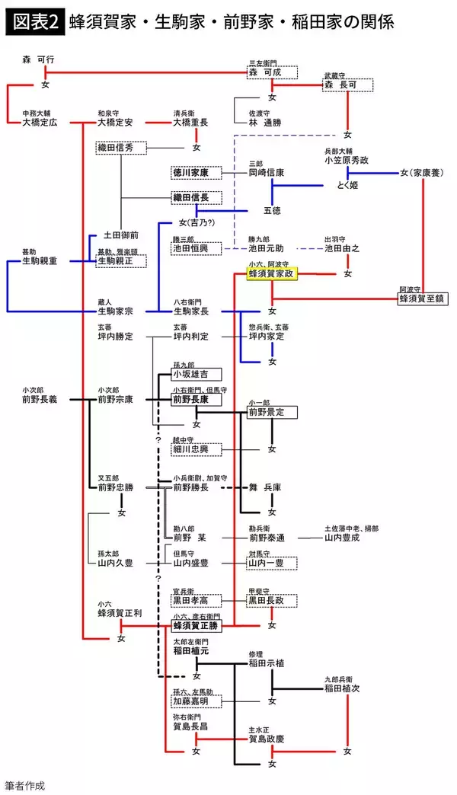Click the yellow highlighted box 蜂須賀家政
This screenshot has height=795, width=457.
tap(272, 274)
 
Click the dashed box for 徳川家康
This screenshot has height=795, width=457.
tap(196, 173)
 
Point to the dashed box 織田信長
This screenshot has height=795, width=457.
tap(196, 198)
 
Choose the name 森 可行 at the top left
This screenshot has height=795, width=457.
tap(38, 59)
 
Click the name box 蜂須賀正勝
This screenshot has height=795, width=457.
tap(197, 625)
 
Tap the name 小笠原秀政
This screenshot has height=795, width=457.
tap(348, 161)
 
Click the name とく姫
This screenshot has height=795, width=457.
tap(347, 185)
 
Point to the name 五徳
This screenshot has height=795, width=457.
tap(272, 210)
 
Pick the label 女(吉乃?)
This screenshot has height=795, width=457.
tap(197, 223)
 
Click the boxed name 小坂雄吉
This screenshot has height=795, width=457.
tap(196, 374)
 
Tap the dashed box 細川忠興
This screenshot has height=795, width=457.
tap(196, 450)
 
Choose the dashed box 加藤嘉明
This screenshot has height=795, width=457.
tap(196, 700)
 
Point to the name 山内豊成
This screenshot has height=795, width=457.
tap(347, 538)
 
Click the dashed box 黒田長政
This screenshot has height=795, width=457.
tap(271, 601)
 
